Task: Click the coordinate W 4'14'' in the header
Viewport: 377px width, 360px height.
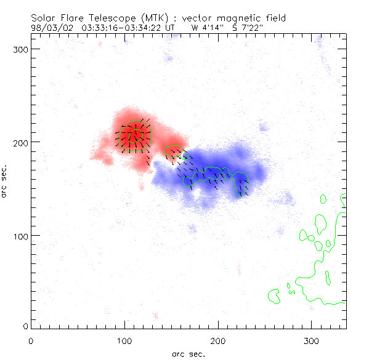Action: coord(205,28)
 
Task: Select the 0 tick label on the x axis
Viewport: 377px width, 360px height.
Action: coord(31,340)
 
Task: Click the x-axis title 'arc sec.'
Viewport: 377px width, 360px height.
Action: coord(188,353)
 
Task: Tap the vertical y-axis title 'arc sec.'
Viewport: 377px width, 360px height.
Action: coord(5,182)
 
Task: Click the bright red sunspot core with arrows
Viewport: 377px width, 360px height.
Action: coord(135,134)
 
